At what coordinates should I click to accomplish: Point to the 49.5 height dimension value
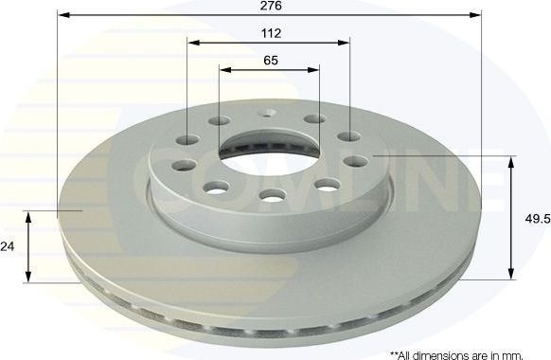[x=537, y=218]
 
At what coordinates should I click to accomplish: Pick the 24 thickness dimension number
[x=9, y=245]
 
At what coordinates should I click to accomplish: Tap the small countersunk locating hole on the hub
[x=271, y=113]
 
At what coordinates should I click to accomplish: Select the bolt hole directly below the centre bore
[x=271, y=196]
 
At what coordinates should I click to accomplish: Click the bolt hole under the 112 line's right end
[x=352, y=137]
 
